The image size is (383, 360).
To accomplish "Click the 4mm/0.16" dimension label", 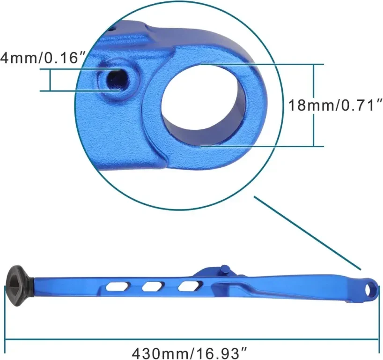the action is (x=43, y=58).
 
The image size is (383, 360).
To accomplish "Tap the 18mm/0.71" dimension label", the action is (x=335, y=105).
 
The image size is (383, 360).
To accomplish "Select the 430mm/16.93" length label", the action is (x=190, y=353).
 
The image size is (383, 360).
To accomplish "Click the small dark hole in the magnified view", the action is (x=117, y=80).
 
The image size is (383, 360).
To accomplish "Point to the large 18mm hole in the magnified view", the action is (x=204, y=105).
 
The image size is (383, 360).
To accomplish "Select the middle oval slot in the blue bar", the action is (x=153, y=286).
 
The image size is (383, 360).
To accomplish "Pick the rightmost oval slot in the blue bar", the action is (x=190, y=285).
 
